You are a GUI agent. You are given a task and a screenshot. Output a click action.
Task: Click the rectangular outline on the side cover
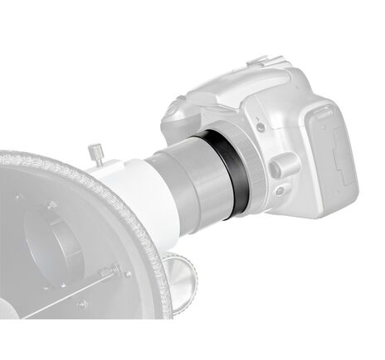[339, 156]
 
